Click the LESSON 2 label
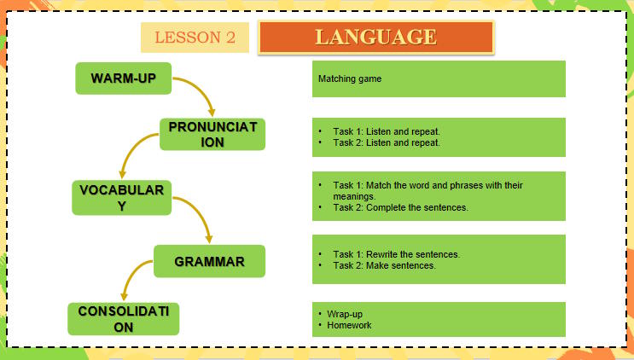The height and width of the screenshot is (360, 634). (x=195, y=38)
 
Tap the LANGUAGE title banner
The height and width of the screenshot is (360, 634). (x=375, y=37)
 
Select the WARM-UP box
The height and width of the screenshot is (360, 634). (x=123, y=78)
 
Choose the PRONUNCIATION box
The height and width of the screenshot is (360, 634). (x=212, y=134)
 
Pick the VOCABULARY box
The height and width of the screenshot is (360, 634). (x=121, y=197)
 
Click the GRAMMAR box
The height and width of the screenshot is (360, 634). (x=209, y=261)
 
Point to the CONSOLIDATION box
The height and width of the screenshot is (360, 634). (x=124, y=317)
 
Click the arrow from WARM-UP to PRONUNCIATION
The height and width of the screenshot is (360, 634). (x=201, y=91)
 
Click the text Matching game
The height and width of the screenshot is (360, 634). (x=350, y=79)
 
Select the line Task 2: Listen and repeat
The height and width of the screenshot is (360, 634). (x=386, y=142)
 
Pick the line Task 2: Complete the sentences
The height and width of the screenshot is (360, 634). (x=400, y=207)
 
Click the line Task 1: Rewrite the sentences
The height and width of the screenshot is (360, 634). (x=396, y=254)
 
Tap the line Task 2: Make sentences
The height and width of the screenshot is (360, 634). (x=384, y=265)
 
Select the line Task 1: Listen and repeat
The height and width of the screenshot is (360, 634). (x=386, y=132)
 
